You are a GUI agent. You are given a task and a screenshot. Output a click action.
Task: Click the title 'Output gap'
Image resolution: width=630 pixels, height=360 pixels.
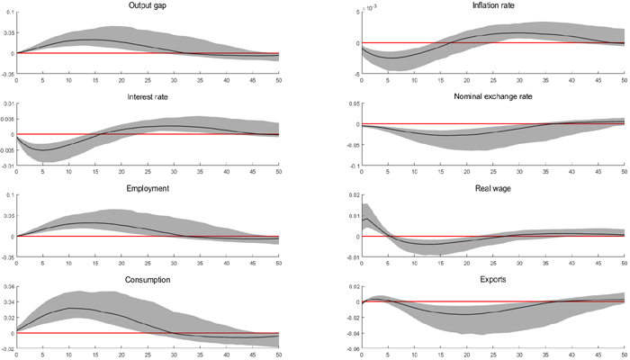pyautogui.click(x=148, y=7)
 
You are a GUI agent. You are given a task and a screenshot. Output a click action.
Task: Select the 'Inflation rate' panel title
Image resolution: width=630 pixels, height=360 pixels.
pyautogui.click(x=493, y=7)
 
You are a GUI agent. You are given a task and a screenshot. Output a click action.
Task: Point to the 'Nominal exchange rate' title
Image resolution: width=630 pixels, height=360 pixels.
pyautogui.click(x=493, y=93)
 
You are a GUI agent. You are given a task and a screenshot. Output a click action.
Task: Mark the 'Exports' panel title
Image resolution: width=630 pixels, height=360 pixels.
pyautogui.click(x=493, y=280)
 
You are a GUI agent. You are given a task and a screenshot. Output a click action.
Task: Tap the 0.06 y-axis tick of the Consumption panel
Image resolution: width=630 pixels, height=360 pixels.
pyautogui.click(x=9, y=286)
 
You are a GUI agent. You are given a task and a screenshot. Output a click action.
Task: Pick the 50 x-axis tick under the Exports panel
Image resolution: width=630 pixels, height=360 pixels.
pyautogui.click(x=625, y=354)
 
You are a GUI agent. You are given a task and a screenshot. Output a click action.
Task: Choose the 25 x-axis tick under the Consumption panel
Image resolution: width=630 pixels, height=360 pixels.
pyautogui.click(x=148, y=354)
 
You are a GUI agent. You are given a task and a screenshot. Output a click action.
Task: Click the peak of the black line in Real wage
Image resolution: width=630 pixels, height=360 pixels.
pyautogui.click(x=366, y=219)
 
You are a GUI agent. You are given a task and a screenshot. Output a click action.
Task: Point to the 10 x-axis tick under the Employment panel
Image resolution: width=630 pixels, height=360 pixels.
pyautogui.click(x=69, y=264)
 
